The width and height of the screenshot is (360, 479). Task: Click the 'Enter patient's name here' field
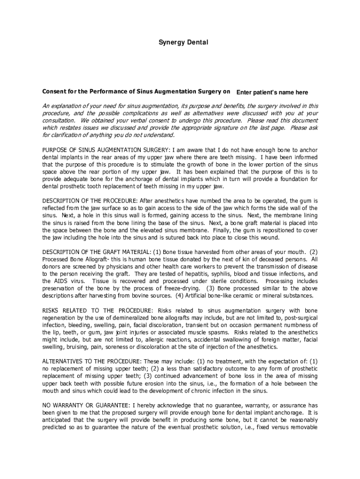[272, 93]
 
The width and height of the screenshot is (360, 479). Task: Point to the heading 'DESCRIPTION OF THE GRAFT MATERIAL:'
[94, 251]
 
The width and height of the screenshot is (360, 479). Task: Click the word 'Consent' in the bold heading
[54, 92]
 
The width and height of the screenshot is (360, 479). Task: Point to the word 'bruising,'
[77, 347]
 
